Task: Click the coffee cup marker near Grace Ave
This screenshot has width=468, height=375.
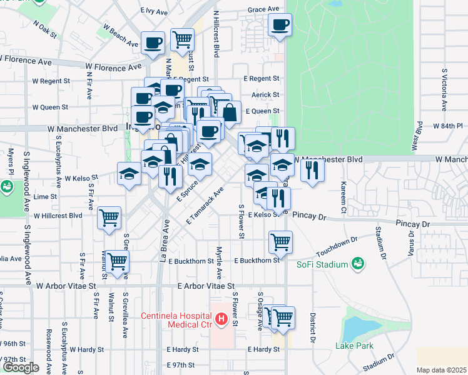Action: pos(280,26)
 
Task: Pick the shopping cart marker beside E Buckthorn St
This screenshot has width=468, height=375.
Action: pos(280,241)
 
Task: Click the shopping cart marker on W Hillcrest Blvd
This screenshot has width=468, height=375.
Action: pos(109,218)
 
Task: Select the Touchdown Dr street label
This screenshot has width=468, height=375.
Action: pos(336,244)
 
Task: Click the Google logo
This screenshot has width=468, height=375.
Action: pos(21,367)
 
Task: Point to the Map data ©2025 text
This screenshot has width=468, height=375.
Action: pos(441,370)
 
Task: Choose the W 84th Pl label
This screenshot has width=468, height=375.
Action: pos(446,126)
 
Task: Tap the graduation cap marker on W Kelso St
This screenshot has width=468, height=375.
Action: pos(130,173)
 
